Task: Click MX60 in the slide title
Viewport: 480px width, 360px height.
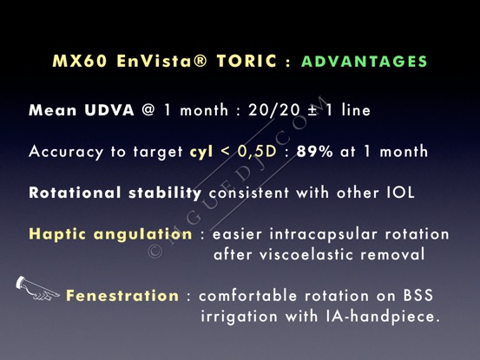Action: coord(80,62)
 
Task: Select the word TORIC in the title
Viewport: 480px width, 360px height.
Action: coord(247,62)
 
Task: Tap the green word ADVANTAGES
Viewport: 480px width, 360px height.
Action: coord(365,62)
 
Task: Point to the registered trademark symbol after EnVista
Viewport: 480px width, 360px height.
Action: coord(201,61)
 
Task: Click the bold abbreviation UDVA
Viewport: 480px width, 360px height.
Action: coord(109,110)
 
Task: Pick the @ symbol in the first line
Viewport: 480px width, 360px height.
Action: coord(148,110)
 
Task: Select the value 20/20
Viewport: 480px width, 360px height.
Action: coord(274,110)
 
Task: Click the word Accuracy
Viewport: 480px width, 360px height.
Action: coord(66,152)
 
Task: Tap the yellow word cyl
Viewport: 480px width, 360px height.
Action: coord(201,152)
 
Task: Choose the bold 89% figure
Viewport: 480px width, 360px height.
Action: coord(314,152)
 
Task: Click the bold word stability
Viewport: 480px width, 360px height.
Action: coord(165,193)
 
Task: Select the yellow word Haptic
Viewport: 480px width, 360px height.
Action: coord(57,234)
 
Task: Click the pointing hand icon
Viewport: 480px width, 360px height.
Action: coord(36,288)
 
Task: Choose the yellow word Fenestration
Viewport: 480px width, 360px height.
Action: coord(122,296)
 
